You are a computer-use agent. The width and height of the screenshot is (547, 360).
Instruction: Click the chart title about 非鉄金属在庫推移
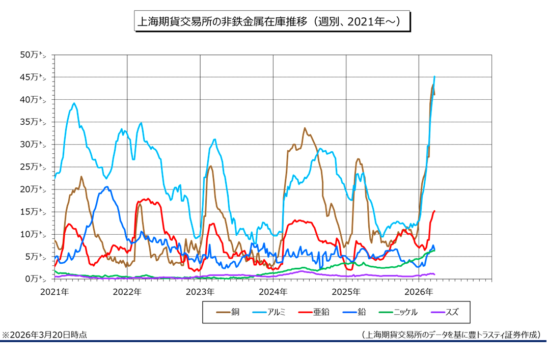click(x=271, y=22)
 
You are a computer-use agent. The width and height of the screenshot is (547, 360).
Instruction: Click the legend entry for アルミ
click(x=269, y=312)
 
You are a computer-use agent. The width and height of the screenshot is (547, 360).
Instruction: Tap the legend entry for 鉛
click(x=355, y=312)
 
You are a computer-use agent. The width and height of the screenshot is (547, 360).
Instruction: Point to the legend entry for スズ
click(x=444, y=312)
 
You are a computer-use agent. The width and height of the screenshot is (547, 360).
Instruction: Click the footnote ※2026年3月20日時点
click(x=45, y=335)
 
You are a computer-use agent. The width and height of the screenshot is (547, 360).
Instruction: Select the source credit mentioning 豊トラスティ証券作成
click(x=450, y=335)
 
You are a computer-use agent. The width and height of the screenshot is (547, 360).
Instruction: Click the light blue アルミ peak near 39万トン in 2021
click(x=74, y=103)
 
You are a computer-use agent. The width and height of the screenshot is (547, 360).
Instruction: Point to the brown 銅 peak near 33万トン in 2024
click(x=305, y=128)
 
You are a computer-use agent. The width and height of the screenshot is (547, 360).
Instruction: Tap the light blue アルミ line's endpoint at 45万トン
click(x=434, y=76)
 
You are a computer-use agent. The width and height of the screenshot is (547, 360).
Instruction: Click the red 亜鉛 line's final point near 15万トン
click(x=434, y=211)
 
